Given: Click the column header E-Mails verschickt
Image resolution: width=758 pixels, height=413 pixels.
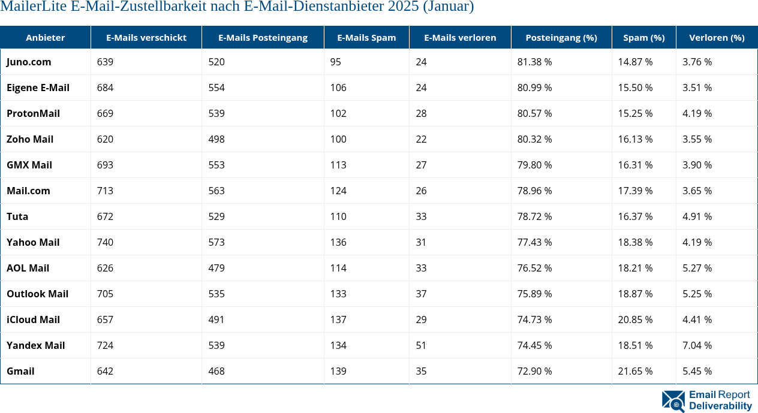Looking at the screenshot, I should [x=146, y=38].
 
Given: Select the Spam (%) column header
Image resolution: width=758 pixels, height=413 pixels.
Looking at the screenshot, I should [x=643, y=38].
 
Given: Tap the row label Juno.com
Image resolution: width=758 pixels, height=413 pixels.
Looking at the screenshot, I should [x=29, y=62].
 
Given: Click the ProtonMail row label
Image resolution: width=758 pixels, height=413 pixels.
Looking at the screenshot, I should [x=33, y=113].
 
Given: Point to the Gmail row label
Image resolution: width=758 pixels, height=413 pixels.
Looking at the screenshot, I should [x=20, y=371].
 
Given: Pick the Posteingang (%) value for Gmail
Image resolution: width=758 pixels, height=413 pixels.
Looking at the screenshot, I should [x=534, y=371].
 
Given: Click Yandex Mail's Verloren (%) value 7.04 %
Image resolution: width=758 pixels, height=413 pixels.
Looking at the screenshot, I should [x=697, y=345].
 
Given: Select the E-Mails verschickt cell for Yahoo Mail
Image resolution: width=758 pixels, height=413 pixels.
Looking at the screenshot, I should [x=105, y=242].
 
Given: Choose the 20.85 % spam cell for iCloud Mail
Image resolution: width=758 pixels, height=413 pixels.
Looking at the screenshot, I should [x=635, y=319].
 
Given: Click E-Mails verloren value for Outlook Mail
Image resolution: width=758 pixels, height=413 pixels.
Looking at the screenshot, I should [x=421, y=294].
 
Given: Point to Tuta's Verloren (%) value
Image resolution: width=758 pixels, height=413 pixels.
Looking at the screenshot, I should [x=697, y=216].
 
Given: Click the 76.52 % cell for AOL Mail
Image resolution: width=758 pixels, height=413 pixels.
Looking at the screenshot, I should [x=534, y=268].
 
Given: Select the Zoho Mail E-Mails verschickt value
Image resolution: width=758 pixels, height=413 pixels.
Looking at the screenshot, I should [x=105, y=139].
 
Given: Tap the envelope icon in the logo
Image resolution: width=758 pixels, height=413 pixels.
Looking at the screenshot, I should [x=673, y=401].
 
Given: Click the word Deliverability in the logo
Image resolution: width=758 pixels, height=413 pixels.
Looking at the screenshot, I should [x=720, y=406].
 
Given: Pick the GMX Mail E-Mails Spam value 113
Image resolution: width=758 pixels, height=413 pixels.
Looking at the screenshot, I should [x=338, y=165].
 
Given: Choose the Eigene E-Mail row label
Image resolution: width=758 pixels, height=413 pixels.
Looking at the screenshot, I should [x=38, y=88].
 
